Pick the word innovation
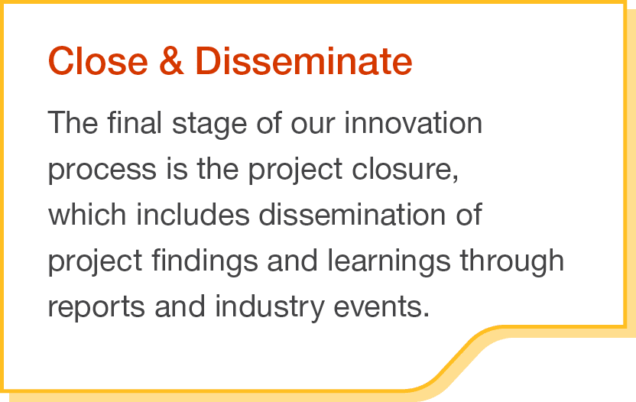413,123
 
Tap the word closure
406,170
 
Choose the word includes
193,215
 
